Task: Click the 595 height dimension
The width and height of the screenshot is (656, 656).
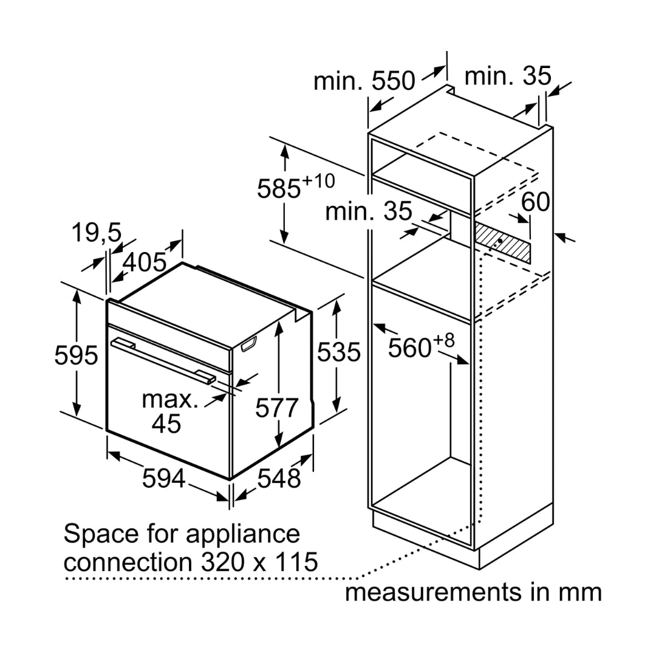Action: point(76,355)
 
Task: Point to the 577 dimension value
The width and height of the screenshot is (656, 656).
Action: point(277,408)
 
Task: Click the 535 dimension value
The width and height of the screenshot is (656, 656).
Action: point(338,352)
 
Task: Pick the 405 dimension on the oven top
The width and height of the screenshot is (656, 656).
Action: point(145,263)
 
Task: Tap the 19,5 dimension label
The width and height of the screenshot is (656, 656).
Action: point(96,233)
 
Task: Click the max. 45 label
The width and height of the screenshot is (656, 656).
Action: point(169,411)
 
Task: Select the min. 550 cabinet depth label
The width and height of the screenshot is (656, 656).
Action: point(364,81)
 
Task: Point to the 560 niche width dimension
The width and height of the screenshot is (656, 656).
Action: point(421,346)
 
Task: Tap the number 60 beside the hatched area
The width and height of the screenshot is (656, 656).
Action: point(536,202)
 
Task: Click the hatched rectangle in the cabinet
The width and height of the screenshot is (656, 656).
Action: point(502,243)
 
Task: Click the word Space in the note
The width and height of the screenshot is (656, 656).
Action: point(101,535)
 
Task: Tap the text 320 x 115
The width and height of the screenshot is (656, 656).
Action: point(260,562)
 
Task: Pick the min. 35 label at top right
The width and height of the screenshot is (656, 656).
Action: point(508,76)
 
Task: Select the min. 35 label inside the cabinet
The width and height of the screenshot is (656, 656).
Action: point(369,211)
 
